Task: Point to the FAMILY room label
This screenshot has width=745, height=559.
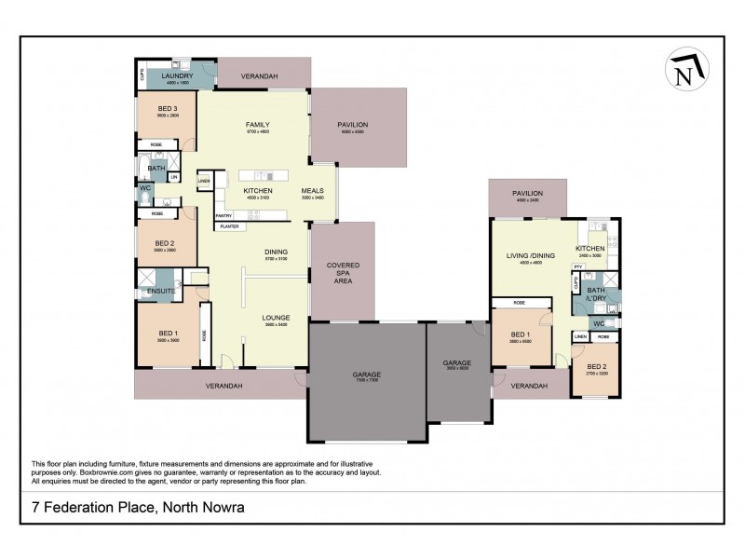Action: point(257,125)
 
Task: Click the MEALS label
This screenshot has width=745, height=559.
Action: point(312,190)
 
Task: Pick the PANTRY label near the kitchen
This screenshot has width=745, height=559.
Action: point(224,216)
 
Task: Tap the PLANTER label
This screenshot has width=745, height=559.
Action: point(227,225)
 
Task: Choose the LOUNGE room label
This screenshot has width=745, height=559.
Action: point(276,318)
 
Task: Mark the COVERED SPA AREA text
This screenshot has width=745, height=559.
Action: point(343,272)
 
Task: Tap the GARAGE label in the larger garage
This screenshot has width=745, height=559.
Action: point(366,375)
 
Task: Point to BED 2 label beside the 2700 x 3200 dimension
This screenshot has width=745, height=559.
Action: point(596,366)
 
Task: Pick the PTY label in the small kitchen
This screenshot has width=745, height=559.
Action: point(577,266)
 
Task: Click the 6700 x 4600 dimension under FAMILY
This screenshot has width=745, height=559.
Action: point(257,132)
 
